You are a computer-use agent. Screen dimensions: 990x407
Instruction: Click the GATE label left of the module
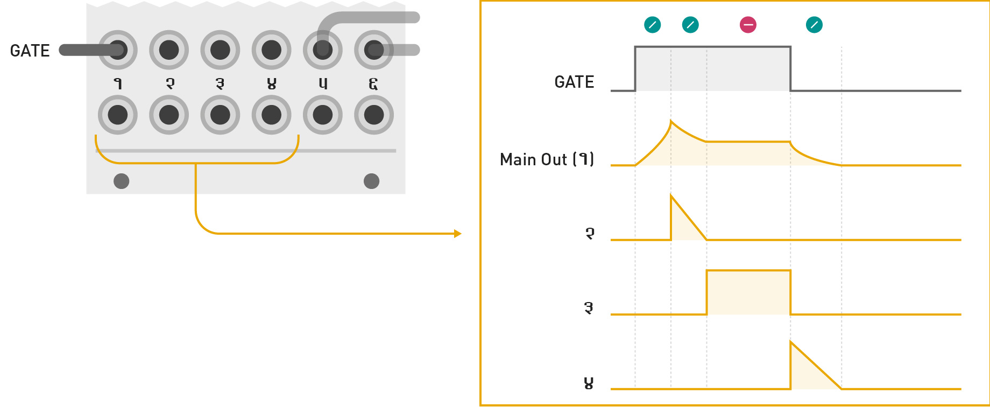pos(30,51)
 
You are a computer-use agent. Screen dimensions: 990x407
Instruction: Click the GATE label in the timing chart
pos(574,82)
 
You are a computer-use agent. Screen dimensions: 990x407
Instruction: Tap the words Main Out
pos(533,159)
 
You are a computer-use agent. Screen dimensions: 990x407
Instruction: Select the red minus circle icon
pos(748,25)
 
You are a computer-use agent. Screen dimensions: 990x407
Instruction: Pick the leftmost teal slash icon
pos(653,25)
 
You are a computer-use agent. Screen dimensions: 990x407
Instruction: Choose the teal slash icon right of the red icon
pos(814,25)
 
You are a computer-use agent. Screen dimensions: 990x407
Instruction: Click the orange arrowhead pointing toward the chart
pos(458,234)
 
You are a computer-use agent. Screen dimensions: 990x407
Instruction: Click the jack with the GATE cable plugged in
pos(118,50)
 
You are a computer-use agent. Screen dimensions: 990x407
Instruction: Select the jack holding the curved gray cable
pos(323,50)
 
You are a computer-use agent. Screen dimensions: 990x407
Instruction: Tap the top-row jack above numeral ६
pos(374,50)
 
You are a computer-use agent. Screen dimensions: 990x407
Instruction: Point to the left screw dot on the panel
pos(122,181)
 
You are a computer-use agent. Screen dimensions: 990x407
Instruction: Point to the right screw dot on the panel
pos(372,181)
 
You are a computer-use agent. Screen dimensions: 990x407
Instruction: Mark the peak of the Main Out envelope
pos(671,121)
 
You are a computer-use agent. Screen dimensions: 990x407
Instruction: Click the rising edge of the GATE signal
pos(635,69)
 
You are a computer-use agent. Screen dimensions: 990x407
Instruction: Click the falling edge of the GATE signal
pos(790,69)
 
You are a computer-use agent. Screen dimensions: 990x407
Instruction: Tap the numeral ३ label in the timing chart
pos(589,308)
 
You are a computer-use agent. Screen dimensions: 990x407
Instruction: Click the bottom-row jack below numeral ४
pos(272,115)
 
